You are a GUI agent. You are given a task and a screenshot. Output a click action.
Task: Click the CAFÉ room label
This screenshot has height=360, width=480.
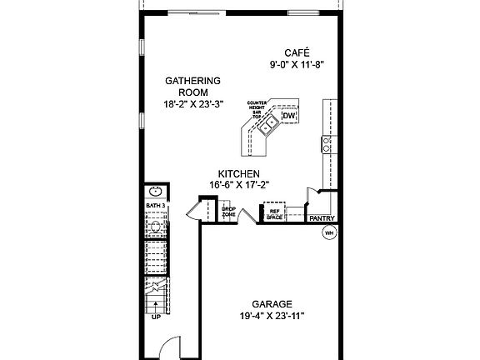tap(289, 52)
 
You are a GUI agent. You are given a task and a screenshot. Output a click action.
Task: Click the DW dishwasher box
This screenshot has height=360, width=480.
tap(288, 116)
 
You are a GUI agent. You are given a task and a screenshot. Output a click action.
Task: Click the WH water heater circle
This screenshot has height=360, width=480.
tap(328, 232)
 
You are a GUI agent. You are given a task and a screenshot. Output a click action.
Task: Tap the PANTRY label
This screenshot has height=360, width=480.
tap(322, 218)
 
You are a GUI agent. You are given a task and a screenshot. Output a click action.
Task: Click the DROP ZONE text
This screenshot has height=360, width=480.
tap(228, 212)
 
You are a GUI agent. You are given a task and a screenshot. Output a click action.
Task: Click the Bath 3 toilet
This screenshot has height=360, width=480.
tap(155, 226)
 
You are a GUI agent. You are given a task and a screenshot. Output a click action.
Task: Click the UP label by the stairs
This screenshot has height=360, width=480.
tap(156, 317)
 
